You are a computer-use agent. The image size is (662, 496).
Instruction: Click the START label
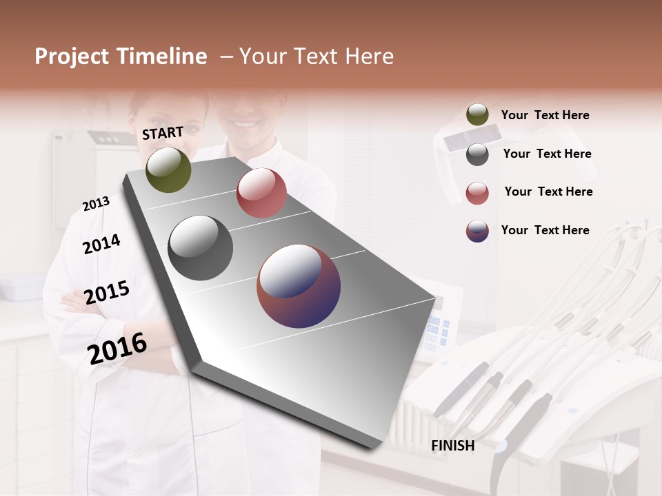[163, 133]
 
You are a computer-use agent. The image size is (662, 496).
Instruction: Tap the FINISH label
[453, 446]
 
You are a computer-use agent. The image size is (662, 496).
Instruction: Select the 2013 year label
[96, 203]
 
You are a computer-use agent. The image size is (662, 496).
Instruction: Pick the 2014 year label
[101, 244]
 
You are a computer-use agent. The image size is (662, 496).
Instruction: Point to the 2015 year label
[107, 293]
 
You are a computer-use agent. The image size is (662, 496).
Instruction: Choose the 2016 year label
[117, 348]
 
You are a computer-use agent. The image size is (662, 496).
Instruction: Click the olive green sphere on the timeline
[168, 169]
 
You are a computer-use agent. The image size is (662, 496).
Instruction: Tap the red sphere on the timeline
[261, 193]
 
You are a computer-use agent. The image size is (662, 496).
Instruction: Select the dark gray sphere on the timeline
[201, 248]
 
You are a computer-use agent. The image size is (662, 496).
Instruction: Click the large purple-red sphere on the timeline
[299, 286]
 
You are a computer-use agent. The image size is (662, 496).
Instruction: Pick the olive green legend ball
[477, 115]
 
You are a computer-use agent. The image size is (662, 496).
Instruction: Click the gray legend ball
[477, 154]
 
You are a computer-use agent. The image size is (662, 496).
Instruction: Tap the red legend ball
[477, 193]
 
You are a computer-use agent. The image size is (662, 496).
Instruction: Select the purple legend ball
[477, 231]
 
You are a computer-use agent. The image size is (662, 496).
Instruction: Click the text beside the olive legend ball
[545, 115]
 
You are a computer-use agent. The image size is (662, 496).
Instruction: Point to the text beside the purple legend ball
[545, 230]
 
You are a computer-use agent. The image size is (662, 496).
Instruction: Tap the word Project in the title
[72, 56]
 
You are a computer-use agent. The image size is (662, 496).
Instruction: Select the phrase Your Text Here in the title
[317, 56]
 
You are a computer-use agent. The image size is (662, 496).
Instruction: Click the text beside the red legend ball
[548, 192]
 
